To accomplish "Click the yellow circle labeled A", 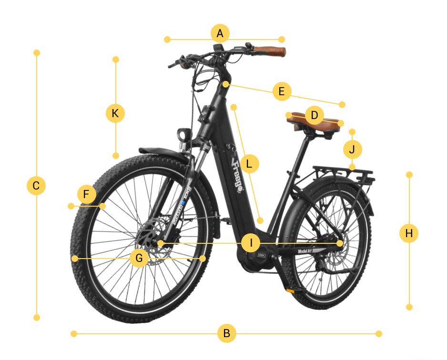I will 220,33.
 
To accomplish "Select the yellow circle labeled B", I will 227,333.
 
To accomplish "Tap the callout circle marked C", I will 36,185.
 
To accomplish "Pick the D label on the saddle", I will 314,115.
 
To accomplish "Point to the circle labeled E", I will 282,91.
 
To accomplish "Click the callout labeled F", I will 86,194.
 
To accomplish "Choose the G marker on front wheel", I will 139,258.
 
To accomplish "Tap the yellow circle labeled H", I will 408,233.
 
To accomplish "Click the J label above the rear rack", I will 352,150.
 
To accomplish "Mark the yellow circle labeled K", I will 115,113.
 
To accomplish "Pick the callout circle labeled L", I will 249,164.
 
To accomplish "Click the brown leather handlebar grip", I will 269,51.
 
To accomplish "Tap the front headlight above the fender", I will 183,135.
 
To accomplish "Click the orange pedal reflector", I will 290,290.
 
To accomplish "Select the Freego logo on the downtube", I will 237,176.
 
